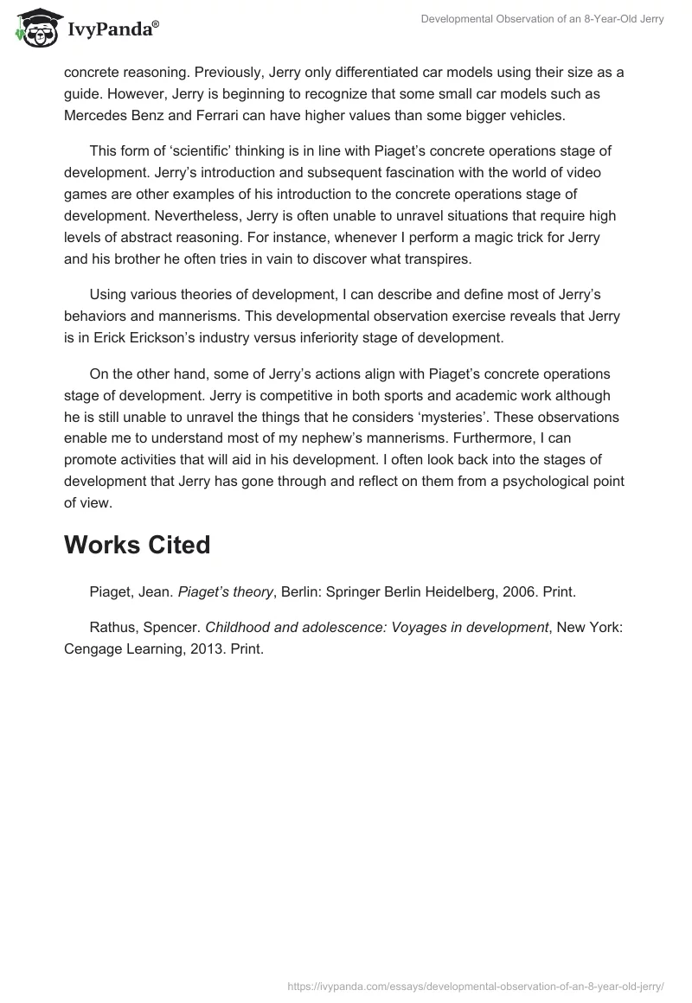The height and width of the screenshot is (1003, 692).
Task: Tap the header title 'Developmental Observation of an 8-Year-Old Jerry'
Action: click(x=542, y=19)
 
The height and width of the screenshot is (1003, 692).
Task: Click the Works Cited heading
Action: click(x=137, y=546)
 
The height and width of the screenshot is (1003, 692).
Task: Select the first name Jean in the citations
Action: click(x=153, y=591)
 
